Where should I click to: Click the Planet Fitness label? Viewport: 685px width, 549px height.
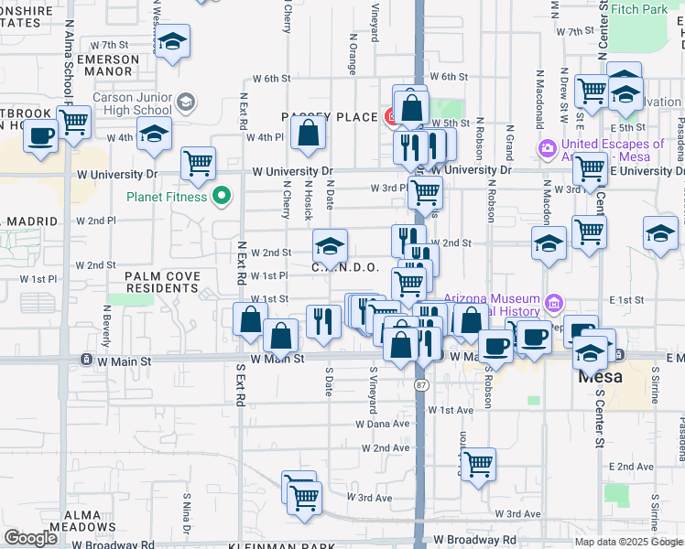coord(168,196)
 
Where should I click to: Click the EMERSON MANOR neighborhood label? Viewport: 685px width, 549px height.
coord(108,65)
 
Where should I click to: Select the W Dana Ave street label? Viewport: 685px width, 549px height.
coord(385,424)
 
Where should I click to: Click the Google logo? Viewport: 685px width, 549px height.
coord(29,539)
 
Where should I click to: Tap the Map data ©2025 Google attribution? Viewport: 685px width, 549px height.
coord(628,543)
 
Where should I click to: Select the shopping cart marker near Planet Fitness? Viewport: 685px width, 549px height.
coord(198,164)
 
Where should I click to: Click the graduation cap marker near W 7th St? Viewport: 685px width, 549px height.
coord(171,42)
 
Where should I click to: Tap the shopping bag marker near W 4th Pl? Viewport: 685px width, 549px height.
coord(310,133)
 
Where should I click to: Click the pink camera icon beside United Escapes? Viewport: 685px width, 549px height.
coord(548,147)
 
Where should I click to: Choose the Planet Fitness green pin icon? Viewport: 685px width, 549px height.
coord(221,196)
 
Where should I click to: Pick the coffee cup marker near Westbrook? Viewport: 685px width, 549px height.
coord(39,135)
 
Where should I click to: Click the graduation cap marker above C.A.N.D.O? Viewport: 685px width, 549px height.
coord(330,244)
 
